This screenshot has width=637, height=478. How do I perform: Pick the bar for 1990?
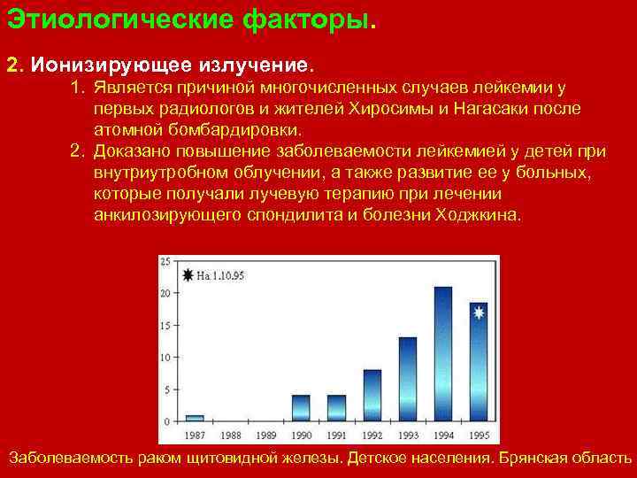[301, 406]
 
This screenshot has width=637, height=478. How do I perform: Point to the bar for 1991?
[336, 406]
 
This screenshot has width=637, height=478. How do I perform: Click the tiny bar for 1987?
[195, 417]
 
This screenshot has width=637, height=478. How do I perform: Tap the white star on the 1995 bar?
[479, 312]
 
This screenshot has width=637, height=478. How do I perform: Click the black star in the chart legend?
[188, 275]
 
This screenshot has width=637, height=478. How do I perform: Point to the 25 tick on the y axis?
[165, 262]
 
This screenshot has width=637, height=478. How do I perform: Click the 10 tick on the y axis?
[165, 357]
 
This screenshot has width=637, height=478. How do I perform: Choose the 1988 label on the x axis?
[230, 435]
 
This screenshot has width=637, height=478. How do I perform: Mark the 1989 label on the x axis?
[265, 435]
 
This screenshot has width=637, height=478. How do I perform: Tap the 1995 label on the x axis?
[478, 435]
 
